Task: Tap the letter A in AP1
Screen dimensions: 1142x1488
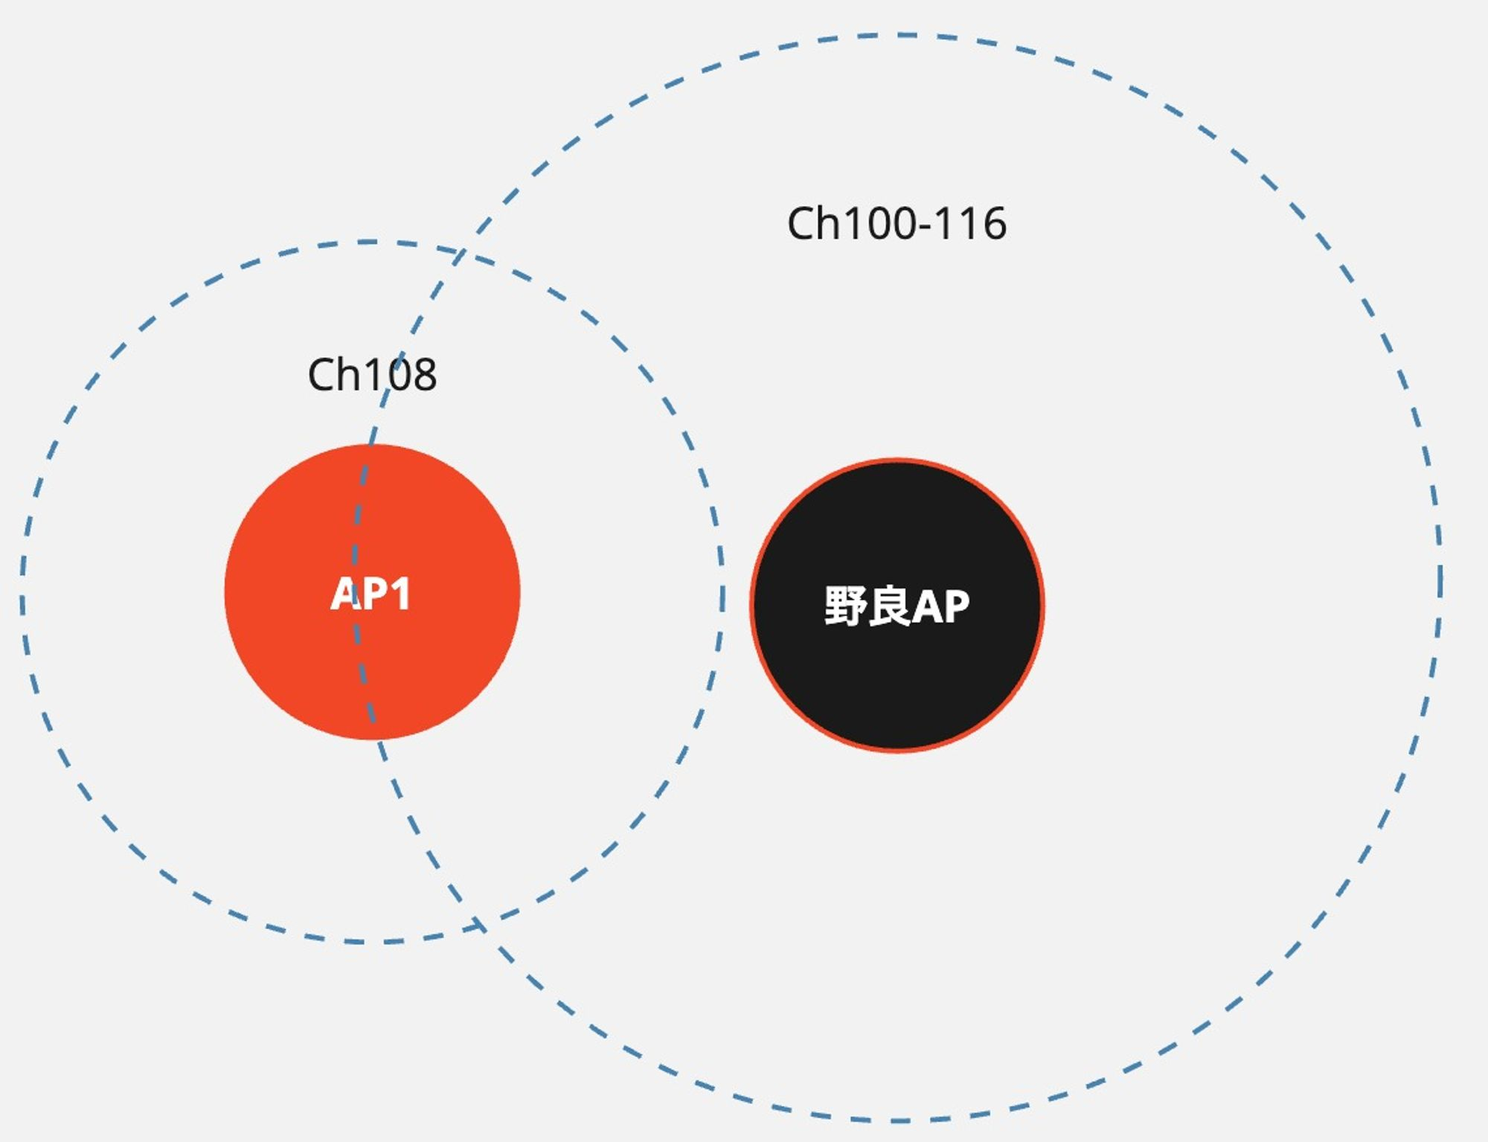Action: click(347, 594)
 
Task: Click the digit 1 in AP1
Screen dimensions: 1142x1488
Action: click(400, 594)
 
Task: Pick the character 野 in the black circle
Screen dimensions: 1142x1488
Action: click(845, 606)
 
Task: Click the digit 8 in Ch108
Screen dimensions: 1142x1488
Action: click(422, 375)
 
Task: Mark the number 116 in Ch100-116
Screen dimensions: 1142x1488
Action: click(970, 223)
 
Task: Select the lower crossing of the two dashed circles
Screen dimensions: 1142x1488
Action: click(480, 926)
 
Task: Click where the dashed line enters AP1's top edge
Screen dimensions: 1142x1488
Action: click(371, 444)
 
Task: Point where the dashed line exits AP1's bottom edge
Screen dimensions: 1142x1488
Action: click(374, 739)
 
